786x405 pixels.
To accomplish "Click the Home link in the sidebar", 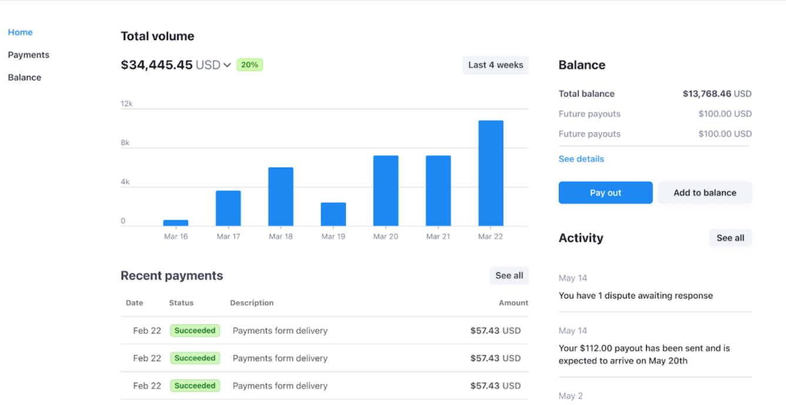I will (x=20, y=32).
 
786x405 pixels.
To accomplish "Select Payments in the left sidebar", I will (x=28, y=55).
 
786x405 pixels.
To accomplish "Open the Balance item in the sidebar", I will (x=24, y=77).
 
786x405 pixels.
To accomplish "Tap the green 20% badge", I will (x=249, y=65).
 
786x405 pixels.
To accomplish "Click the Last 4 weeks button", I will (x=495, y=65).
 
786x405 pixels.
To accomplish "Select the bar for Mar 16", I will (x=176, y=223).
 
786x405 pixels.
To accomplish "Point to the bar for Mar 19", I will (x=333, y=214).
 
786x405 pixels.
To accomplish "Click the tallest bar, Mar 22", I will (x=491, y=173).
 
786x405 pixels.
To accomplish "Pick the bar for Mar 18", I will (x=281, y=196).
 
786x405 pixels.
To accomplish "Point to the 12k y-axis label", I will (x=126, y=103).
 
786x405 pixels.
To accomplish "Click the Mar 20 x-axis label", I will (x=385, y=236).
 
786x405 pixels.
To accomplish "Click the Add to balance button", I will (x=704, y=193).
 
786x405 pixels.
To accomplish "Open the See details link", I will (x=581, y=159).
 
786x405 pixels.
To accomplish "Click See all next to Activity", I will (x=730, y=238).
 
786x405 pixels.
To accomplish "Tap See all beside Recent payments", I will (x=509, y=276).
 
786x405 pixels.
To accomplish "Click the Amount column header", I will (x=513, y=303).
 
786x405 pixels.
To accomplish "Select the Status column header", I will (x=181, y=303).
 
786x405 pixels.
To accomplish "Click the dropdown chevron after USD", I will (x=227, y=65).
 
